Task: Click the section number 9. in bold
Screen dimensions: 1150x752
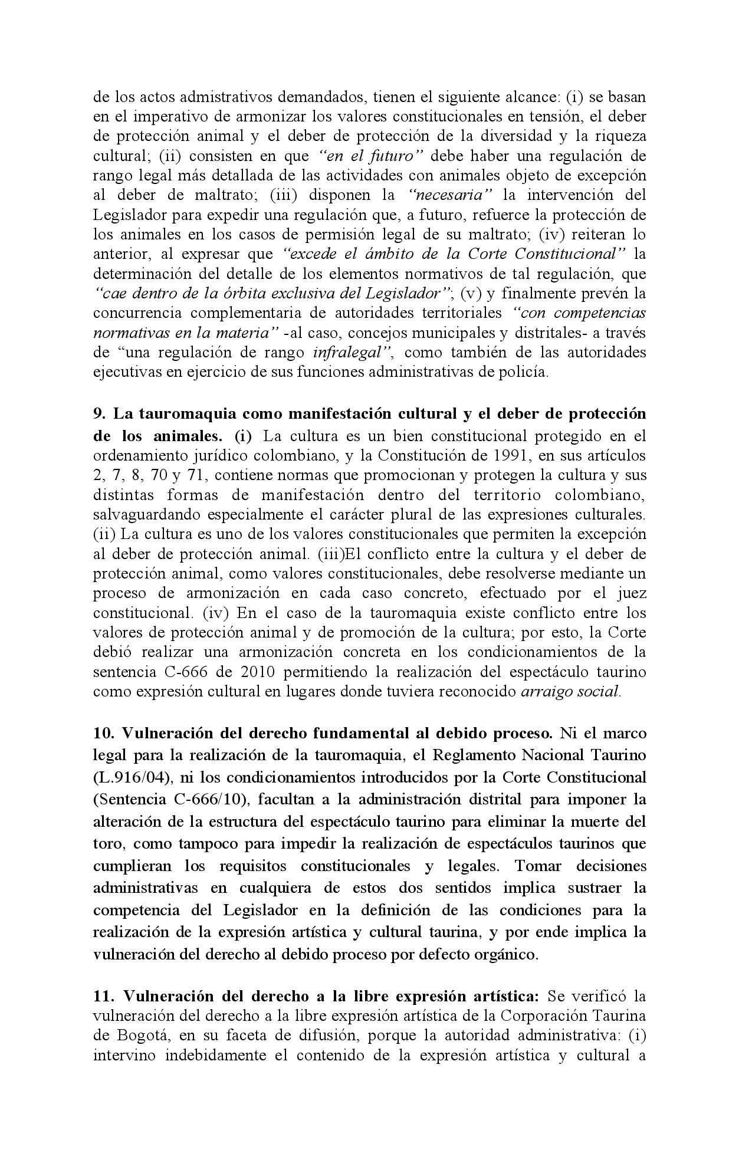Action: (x=100, y=414)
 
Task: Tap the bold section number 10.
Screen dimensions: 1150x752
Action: (x=104, y=733)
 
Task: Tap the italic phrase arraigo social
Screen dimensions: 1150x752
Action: (x=571, y=692)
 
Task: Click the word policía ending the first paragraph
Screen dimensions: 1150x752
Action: (x=526, y=372)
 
